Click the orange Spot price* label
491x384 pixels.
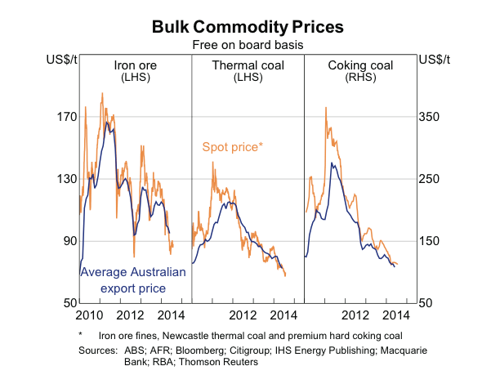point(232,147)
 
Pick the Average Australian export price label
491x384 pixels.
point(133,280)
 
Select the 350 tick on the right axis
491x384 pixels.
point(430,117)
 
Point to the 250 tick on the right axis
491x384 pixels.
point(430,179)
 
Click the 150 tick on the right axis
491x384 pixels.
point(430,241)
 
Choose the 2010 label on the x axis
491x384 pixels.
point(89,315)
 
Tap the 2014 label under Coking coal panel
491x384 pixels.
point(395,315)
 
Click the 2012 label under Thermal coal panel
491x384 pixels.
point(243,315)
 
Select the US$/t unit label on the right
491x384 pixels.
point(431,60)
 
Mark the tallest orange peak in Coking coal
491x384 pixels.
point(326,107)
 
